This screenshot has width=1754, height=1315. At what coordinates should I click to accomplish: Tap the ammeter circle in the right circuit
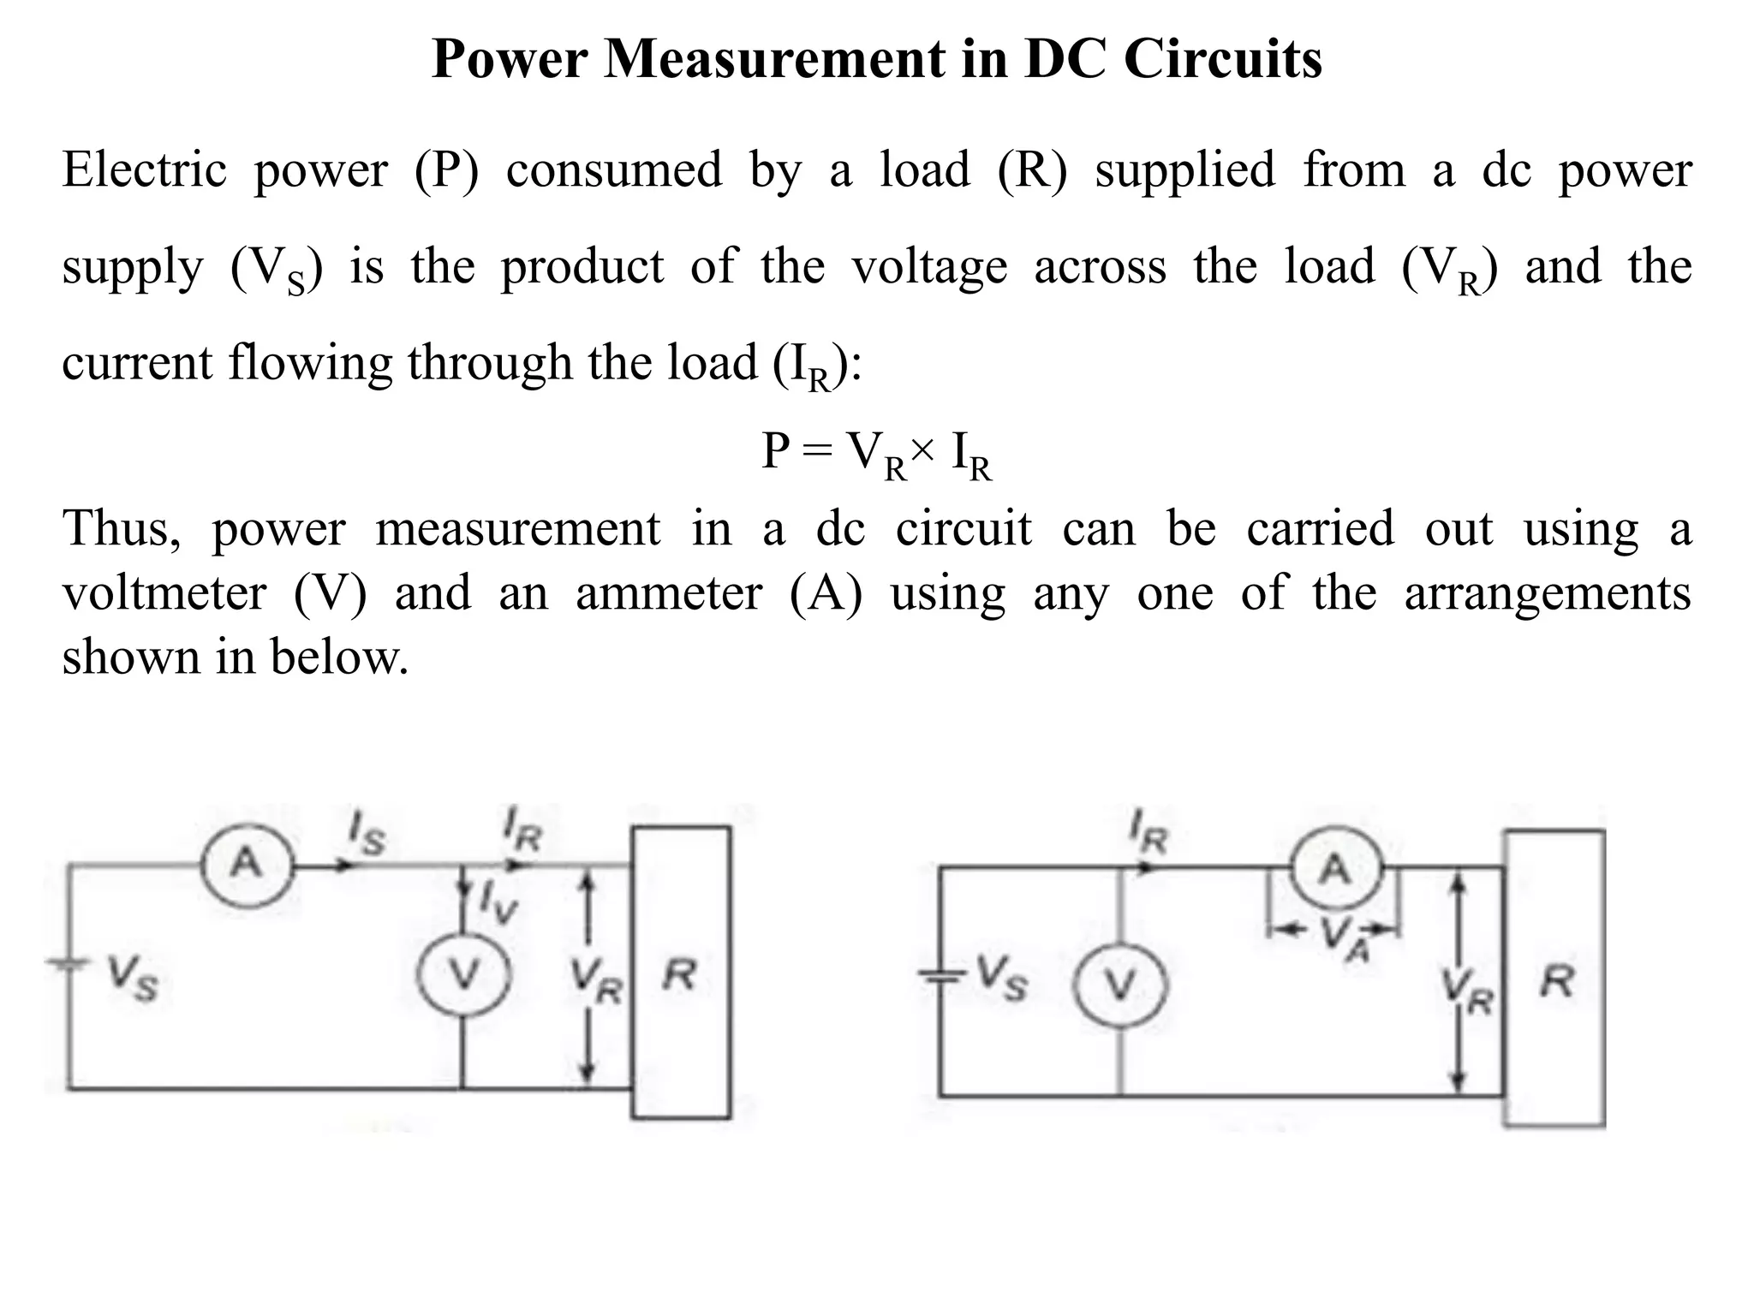1335,870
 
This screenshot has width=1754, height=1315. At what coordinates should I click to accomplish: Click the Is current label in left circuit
366,835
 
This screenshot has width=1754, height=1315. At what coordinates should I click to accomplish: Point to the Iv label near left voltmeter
498,903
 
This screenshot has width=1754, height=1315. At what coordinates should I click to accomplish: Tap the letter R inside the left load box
680,974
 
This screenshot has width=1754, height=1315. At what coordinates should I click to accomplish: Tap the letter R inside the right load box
1556,981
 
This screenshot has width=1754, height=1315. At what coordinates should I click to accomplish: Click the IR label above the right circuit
1148,833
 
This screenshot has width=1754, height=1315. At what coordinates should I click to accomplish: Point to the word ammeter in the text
668,592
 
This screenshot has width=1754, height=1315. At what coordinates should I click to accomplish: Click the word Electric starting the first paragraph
144,169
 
